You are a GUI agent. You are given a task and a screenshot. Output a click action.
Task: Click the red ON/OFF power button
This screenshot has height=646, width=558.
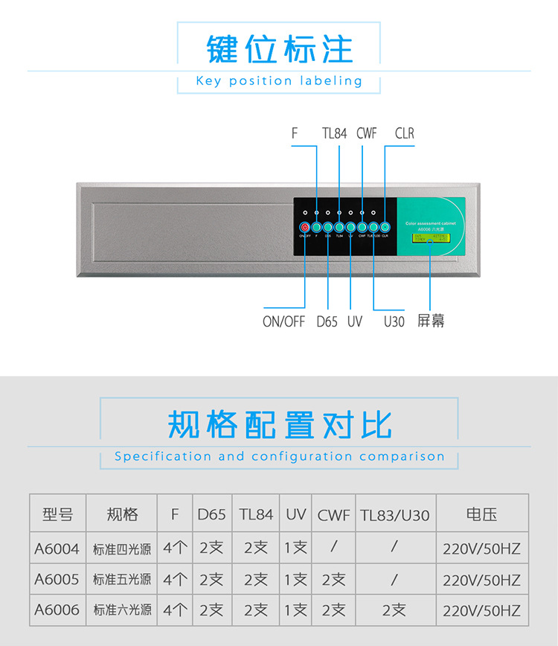305,227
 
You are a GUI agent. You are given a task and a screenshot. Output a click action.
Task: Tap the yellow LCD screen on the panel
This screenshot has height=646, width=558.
432,238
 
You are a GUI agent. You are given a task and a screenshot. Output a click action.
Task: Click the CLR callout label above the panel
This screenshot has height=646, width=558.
405,134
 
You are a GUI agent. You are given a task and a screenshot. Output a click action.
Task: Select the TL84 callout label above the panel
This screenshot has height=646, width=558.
335,134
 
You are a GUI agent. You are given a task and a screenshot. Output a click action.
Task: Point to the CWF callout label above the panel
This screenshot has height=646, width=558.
367,134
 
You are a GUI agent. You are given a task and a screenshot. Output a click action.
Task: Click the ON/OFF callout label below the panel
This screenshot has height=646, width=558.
284,322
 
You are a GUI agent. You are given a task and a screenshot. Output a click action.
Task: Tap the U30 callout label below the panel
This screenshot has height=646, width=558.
394,322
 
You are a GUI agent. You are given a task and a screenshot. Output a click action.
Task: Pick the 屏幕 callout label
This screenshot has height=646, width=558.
432,322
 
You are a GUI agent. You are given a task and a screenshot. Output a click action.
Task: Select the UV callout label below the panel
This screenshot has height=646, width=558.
355,322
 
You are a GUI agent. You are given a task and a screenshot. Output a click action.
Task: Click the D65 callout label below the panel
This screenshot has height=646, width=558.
327,322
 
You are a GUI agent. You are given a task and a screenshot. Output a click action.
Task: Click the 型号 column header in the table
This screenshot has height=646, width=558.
58,514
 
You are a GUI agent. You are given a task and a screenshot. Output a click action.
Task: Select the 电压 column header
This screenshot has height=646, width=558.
481,514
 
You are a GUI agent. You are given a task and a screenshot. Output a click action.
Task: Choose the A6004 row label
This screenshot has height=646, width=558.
57,549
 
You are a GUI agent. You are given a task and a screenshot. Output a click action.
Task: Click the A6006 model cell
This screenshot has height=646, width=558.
57,610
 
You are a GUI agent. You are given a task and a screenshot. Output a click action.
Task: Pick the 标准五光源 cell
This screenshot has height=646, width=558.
122,579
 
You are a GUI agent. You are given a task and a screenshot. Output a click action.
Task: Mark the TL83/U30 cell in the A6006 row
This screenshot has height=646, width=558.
395,610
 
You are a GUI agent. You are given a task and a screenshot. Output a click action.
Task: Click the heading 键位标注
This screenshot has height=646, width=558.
279,48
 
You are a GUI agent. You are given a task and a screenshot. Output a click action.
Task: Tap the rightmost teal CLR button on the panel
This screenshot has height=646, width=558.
385,227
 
